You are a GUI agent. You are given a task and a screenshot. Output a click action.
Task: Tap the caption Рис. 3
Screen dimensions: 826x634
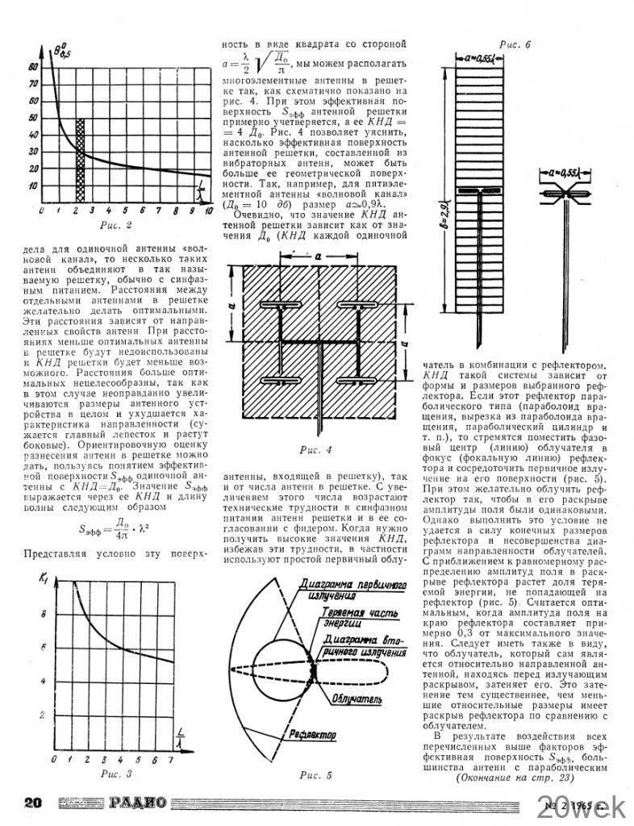(116, 774)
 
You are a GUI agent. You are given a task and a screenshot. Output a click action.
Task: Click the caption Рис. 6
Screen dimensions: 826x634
(515, 45)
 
